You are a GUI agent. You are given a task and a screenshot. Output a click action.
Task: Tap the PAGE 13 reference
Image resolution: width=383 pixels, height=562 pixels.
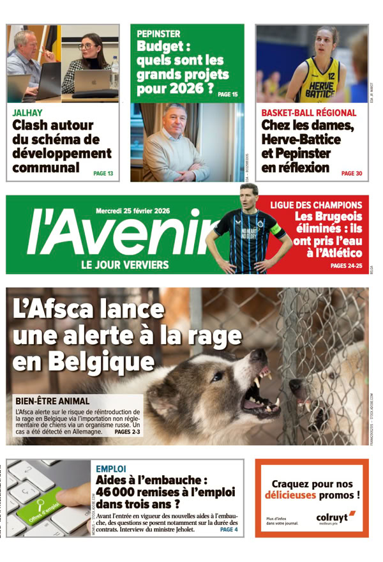[103, 173]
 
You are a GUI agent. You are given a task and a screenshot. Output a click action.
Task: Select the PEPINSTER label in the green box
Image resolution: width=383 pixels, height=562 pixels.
[158, 33]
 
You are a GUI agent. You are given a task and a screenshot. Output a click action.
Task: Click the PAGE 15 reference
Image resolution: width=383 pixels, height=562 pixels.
[227, 95]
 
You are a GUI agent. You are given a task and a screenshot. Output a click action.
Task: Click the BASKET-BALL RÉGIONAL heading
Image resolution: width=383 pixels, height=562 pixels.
[309, 113]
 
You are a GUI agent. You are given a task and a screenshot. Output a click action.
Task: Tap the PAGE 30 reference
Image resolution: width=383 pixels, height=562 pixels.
[351, 173]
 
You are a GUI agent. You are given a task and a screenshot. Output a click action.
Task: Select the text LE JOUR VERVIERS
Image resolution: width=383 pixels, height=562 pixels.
[124, 264]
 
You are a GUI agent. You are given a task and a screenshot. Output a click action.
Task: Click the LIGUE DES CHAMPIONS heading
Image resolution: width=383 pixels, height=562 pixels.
[316, 206]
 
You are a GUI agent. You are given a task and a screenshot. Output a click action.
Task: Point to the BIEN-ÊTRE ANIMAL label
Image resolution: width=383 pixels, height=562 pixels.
[52, 401]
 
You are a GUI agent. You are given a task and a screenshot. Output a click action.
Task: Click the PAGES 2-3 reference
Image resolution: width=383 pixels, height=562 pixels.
[127, 432]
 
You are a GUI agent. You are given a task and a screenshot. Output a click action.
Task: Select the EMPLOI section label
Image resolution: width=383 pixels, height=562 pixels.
[110, 469]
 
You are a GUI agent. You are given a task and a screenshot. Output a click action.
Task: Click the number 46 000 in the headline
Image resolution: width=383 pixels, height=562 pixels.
[119, 492]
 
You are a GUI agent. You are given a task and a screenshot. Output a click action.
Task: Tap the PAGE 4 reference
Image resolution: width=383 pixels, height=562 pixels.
[229, 529]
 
